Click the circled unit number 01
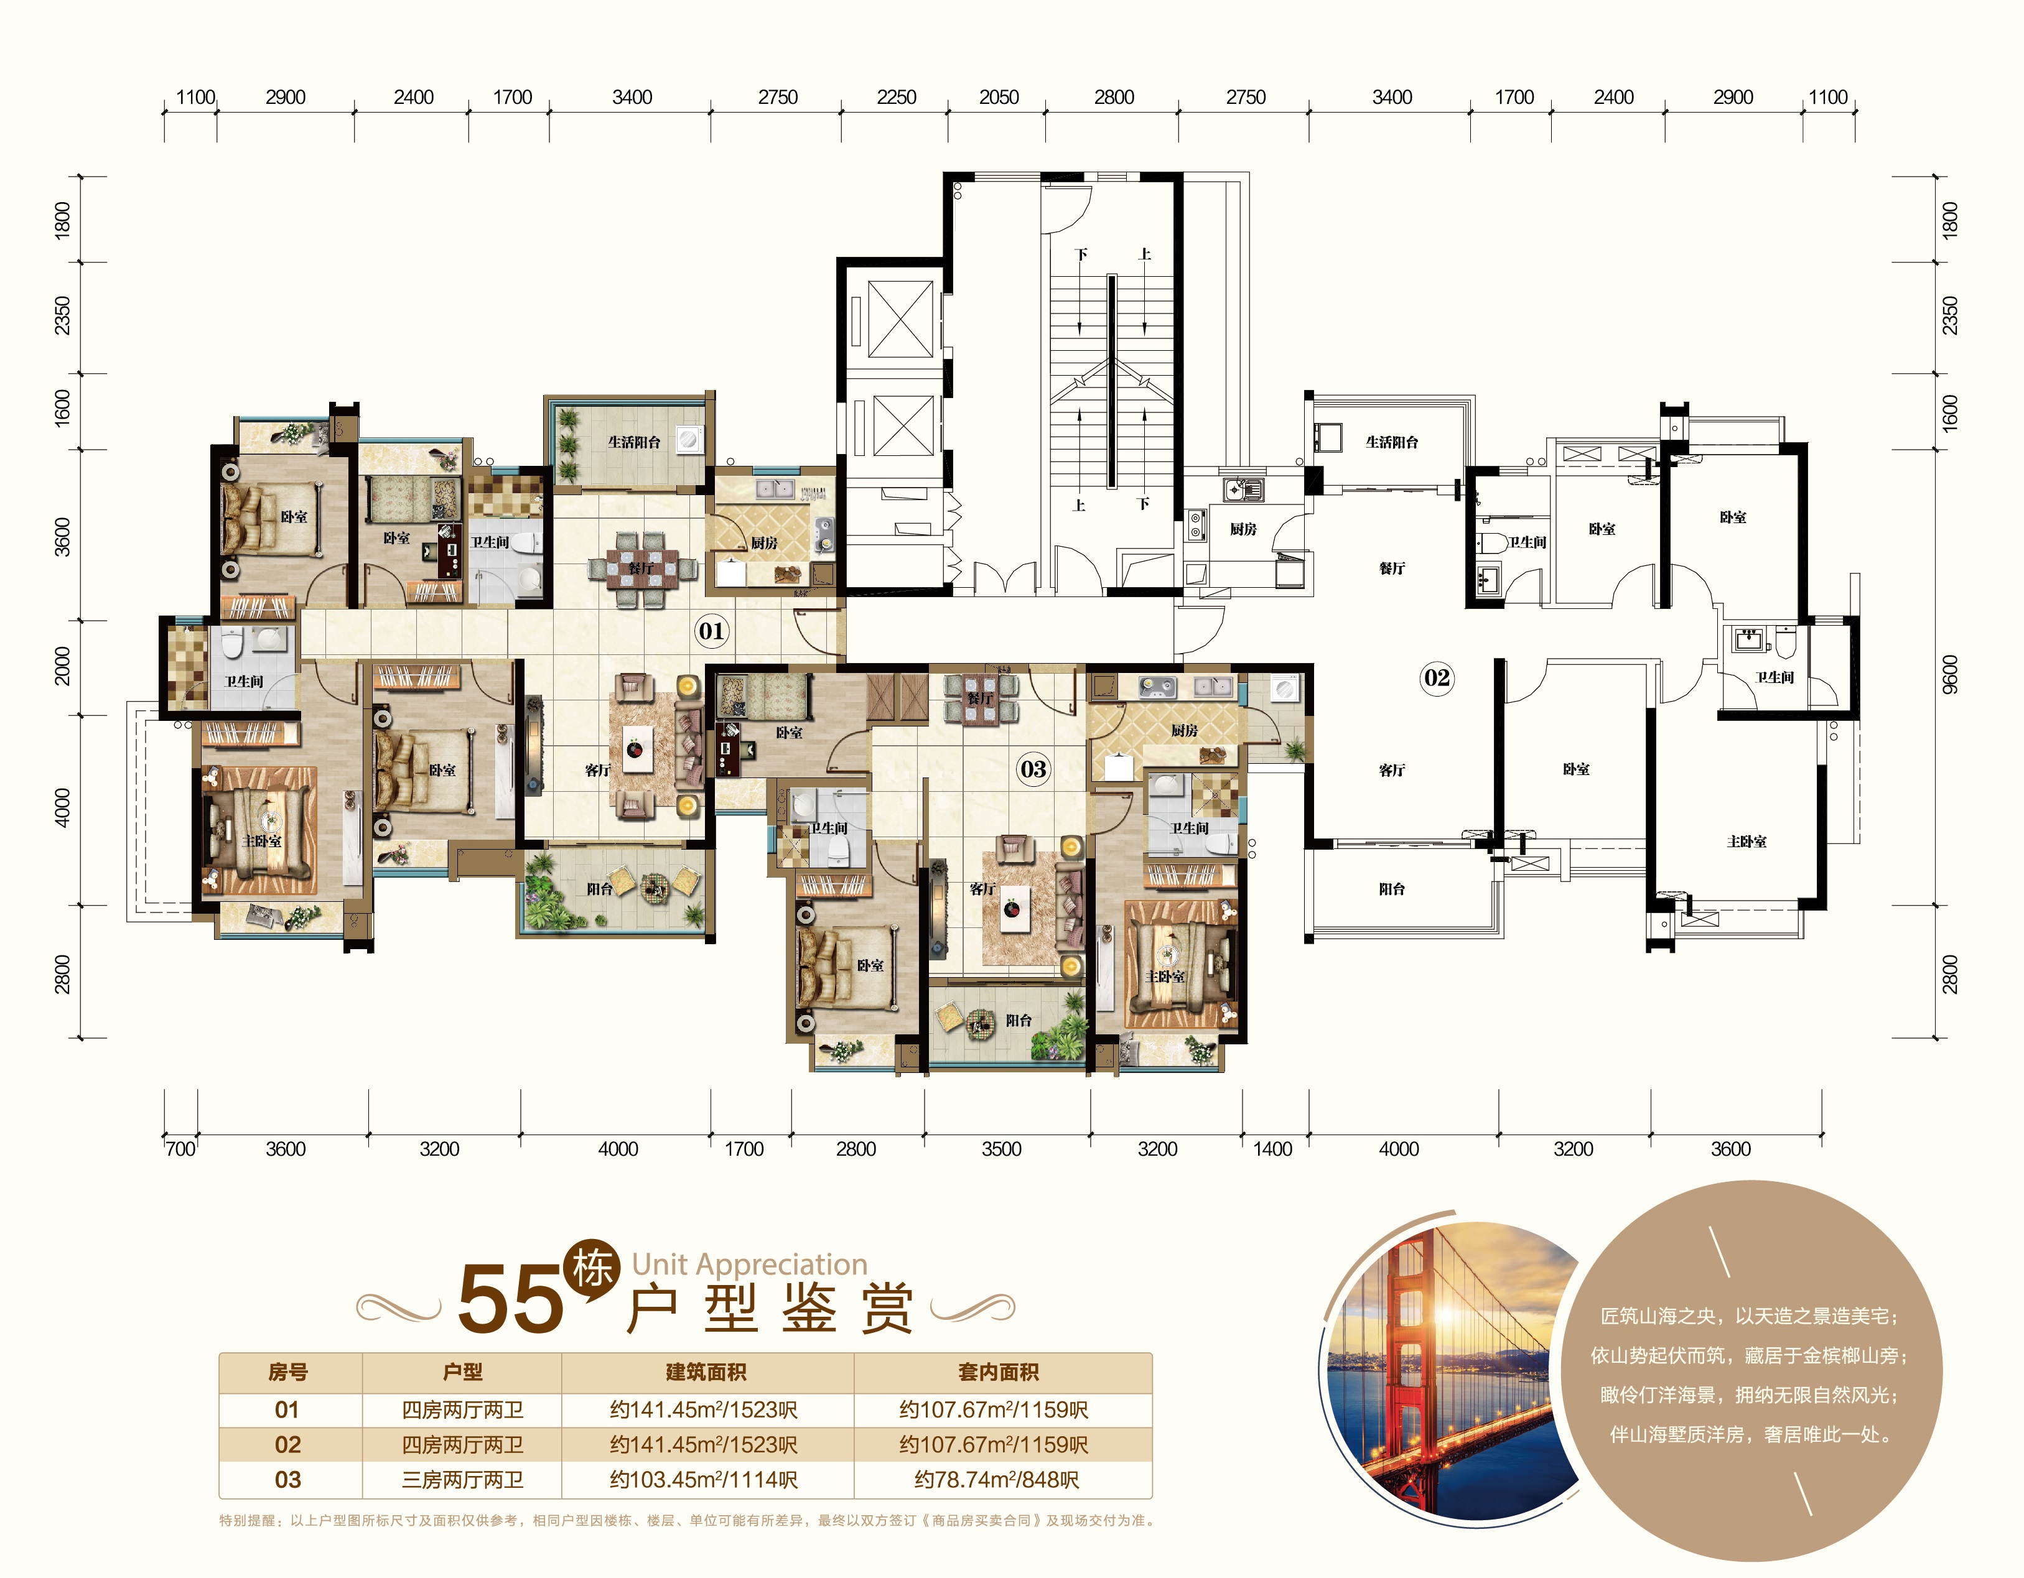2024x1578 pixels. coord(711,631)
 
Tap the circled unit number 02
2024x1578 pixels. coord(1437,677)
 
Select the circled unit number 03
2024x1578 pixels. coord(1033,769)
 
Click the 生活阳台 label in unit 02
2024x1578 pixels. coord(1391,442)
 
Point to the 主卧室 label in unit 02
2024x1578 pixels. coord(1746,842)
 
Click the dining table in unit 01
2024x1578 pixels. coord(641,567)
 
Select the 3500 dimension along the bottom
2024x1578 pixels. coord(1001,1149)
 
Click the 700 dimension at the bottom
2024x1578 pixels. coord(180,1149)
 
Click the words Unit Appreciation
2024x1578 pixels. coord(750,1264)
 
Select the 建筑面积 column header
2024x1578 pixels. coord(706,1372)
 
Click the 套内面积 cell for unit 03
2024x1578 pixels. coord(997,1480)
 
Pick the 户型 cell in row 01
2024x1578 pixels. coord(462,1409)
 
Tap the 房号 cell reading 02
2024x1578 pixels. coord(287,1444)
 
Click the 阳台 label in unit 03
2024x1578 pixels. coord(1019,1020)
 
